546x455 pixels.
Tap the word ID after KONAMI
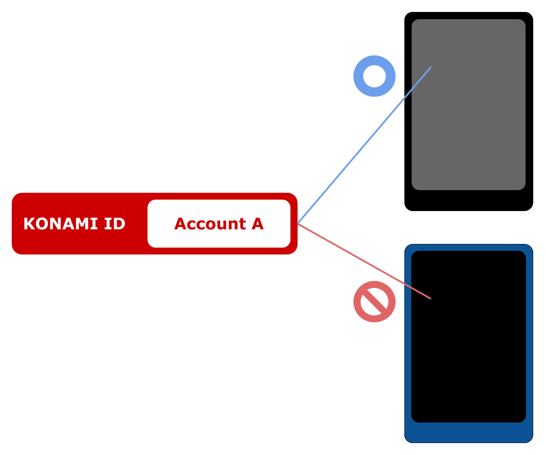tap(114, 224)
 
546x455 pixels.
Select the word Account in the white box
tap(210, 224)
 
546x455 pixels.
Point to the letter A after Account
tap(257, 224)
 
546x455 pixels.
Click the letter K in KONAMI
tap(29, 224)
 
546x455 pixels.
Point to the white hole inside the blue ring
tap(375, 76)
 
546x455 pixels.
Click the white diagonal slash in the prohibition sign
tap(375, 302)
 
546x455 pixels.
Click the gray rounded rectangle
tap(478, 128)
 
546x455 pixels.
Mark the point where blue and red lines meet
tap(298, 223)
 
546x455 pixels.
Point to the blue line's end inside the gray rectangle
tap(430, 68)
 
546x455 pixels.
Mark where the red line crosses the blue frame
tap(408, 286)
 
